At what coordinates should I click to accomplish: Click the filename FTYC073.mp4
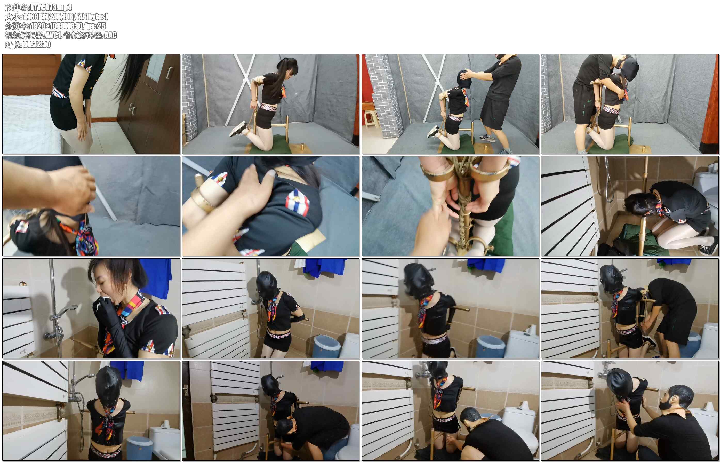51,7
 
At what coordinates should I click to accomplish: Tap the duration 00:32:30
37,44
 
